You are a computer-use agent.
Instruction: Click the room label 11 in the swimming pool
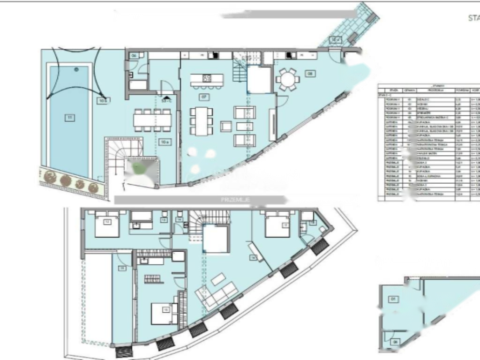[x=68, y=118]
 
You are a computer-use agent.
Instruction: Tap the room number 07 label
[x=203, y=97]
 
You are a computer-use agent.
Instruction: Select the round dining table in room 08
[x=286, y=79]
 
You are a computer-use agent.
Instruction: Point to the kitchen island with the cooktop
[x=207, y=79]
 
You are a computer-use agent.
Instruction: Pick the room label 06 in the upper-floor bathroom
[x=134, y=56]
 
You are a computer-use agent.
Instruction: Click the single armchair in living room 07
[x=225, y=127]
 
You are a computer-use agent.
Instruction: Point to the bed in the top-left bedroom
[x=107, y=225]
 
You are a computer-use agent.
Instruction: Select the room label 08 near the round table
[x=309, y=73]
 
